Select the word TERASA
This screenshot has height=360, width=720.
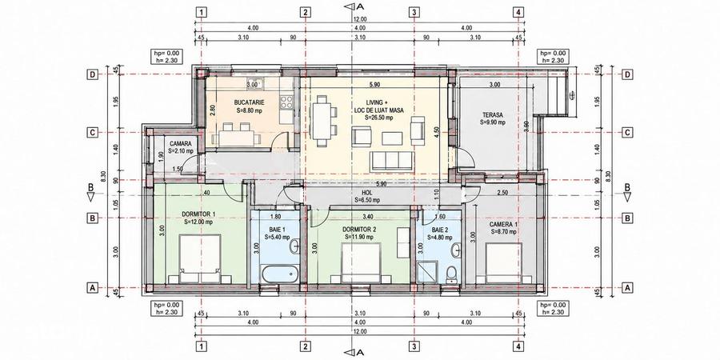(492, 114)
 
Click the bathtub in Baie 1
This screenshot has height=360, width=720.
(278, 274)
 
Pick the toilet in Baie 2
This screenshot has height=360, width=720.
(452, 274)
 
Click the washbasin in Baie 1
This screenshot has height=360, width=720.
(294, 246)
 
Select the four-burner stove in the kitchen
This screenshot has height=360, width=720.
(286, 102)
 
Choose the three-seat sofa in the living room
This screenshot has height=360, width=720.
(391, 160)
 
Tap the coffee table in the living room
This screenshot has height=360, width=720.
(392, 138)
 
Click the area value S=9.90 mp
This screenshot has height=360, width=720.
(492, 122)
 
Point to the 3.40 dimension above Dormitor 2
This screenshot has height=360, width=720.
(367, 216)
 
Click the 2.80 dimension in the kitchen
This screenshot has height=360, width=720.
(212, 112)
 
